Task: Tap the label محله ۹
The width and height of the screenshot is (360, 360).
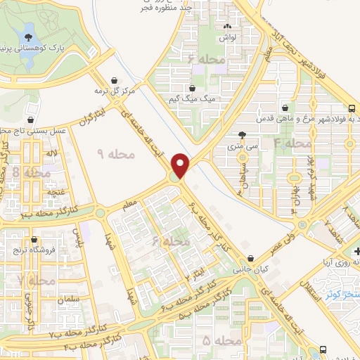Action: (109, 154)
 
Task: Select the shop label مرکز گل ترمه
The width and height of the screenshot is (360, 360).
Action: (109, 91)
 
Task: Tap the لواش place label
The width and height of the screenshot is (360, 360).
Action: (238, 35)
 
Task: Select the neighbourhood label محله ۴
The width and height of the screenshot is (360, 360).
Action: (291, 143)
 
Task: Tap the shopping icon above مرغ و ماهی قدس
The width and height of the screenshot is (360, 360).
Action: (284, 108)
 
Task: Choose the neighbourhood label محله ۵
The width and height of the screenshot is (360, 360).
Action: (215, 340)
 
